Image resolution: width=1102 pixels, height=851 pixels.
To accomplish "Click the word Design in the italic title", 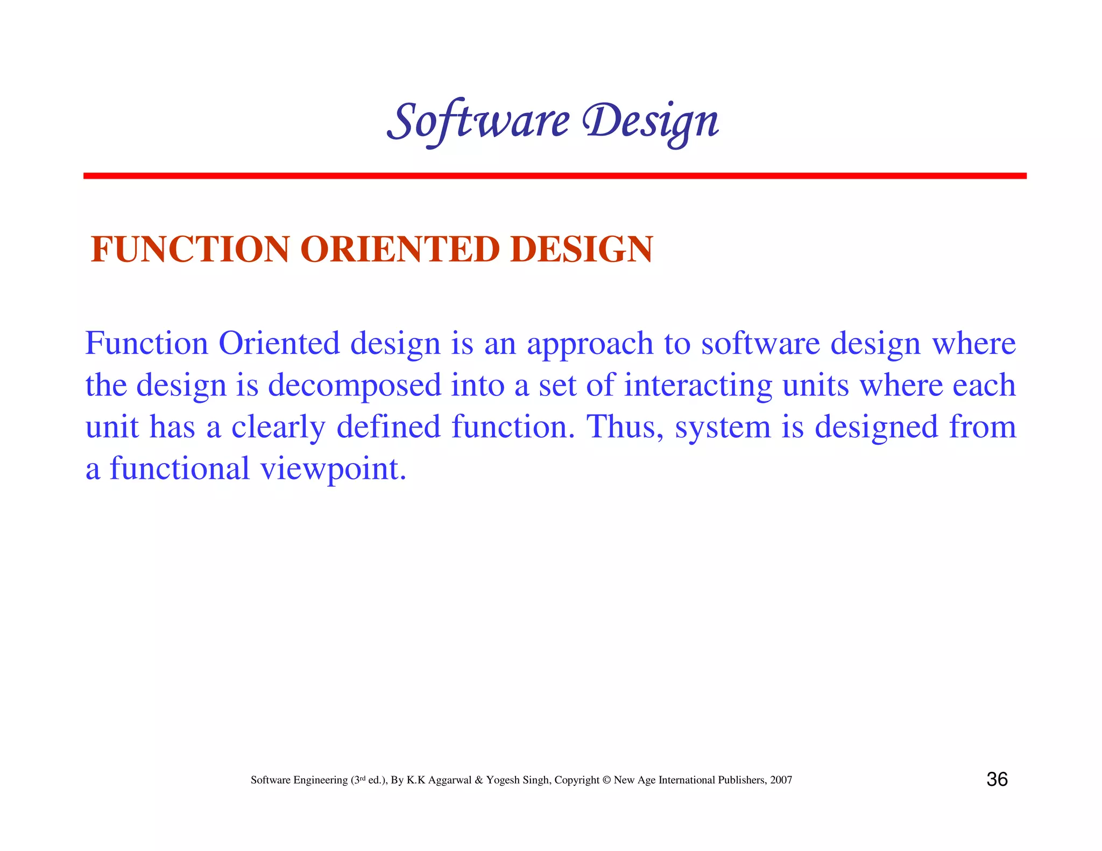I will (651, 121).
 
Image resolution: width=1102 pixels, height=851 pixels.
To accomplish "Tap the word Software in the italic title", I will (478, 121).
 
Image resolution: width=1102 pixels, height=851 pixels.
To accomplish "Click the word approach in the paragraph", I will (590, 344).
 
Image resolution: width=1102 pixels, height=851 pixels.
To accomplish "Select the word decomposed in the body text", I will (355, 386).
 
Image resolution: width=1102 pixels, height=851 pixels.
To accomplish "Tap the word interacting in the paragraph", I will (698, 386).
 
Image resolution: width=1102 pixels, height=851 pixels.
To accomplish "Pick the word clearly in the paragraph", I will (278, 427).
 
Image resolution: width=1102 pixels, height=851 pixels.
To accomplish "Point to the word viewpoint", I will (333, 469).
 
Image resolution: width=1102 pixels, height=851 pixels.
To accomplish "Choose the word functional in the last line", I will (180, 469).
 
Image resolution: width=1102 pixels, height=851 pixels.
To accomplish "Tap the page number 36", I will (997, 779).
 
